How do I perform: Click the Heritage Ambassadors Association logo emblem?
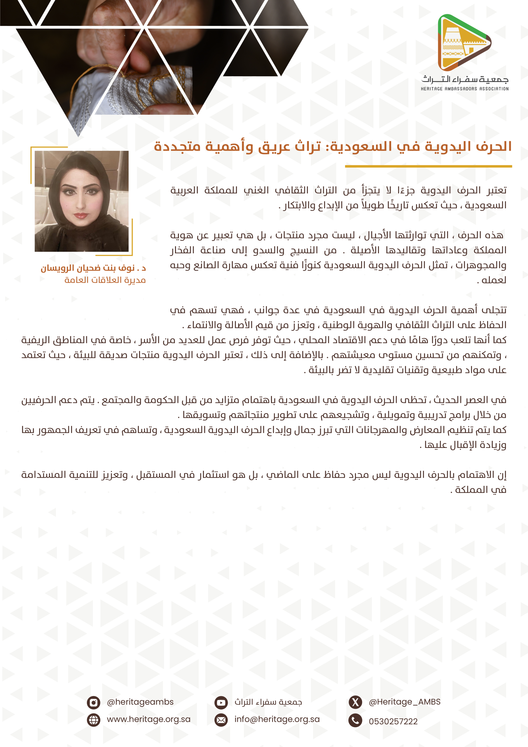pos(464,43)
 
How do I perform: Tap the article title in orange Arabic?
pos(333,146)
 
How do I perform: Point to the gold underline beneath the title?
pos(428,166)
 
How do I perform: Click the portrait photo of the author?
pos(82,201)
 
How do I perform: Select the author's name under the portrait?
pos(93,268)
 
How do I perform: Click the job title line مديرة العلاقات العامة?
pos(105,280)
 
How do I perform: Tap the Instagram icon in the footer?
pos(93,702)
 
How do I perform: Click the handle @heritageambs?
pos(140,702)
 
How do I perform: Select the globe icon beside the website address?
pos(93,720)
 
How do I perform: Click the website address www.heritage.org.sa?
pos(149,719)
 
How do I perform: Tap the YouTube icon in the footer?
pos(221,702)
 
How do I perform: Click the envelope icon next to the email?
pos(221,720)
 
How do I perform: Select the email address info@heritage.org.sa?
pos(277,719)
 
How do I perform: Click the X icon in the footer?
pos(355,702)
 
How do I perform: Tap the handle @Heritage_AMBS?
pos(404,702)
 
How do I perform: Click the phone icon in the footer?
pos(355,720)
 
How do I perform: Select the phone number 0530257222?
pos(393,721)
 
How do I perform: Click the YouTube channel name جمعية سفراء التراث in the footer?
pos(268,702)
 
